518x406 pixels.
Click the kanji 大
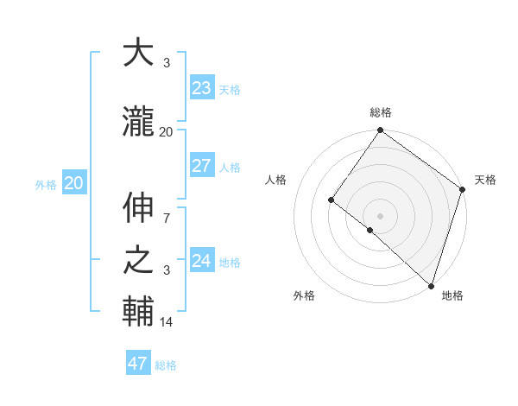coord(140,53)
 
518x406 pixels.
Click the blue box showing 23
coord(201,88)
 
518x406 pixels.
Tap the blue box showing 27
coord(201,167)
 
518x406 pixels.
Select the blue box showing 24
coord(201,261)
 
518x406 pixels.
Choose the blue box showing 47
coord(138,364)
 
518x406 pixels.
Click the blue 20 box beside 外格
coord(74,183)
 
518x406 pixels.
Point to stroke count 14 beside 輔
coord(167,322)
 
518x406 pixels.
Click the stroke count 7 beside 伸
coord(166,210)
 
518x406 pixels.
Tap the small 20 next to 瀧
coord(166,131)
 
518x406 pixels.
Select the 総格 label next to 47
coord(166,365)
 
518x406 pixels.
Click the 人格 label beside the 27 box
coord(230,168)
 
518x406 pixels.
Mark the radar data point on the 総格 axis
coord(380,131)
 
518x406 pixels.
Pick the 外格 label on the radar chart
coord(304,295)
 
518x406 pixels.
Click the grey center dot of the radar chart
coord(380,215)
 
